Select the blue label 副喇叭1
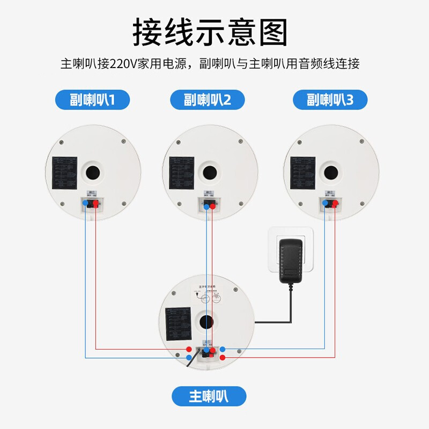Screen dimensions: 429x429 (x=93, y=100)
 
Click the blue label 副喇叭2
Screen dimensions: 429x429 (x=207, y=100)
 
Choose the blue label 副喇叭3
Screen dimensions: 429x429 (x=330, y=100)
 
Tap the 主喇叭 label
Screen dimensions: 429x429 (x=209, y=396)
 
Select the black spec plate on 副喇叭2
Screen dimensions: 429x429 (x=181, y=173)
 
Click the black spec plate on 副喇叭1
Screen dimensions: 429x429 (x=65, y=173)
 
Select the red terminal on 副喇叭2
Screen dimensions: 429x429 (x=212, y=205)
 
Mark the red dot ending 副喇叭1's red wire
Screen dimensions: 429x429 (x=189, y=350)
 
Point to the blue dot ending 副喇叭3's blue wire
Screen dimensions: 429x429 (x=223, y=350)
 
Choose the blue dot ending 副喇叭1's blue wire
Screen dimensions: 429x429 (x=189, y=358)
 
